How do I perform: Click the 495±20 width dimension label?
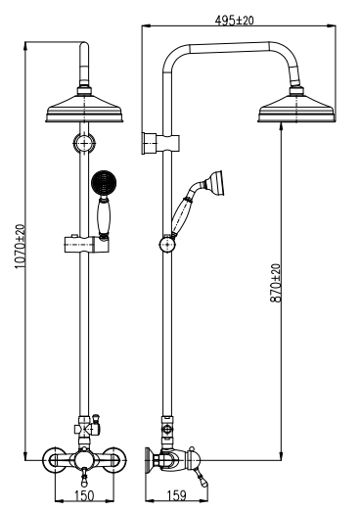point(234,21)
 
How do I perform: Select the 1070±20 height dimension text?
point(20,246)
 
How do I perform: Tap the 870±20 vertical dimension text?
point(276,283)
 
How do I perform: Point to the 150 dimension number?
point(84,495)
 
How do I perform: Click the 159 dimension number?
point(176,495)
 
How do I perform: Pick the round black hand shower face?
point(104,182)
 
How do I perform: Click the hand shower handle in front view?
point(104,217)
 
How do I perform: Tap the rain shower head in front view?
point(84,105)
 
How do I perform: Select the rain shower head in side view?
point(297,105)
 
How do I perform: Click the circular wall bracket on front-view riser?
point(84,143)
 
